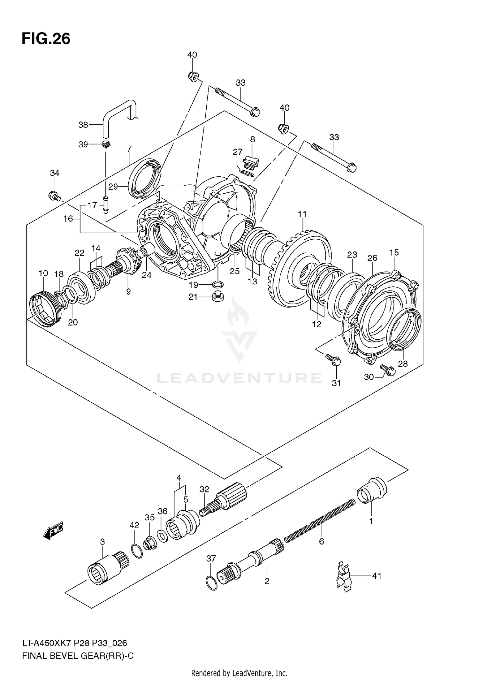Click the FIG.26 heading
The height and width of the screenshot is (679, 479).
[x=46, y=39]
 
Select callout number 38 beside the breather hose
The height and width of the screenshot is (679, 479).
[x=83, y=125]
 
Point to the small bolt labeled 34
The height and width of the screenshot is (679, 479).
[x=54, y=196]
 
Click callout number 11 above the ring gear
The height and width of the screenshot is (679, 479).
[x=302, y=214]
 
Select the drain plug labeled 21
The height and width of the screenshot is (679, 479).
[x=218, y=297]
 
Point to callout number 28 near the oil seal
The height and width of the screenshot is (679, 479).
[x=403, y=364]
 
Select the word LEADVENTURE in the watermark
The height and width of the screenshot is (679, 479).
[x=240, y=378]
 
